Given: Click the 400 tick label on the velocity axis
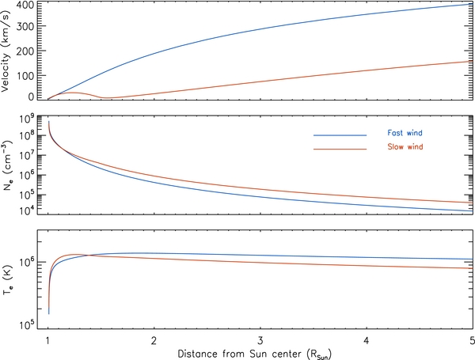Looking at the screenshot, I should (x=26, y=6).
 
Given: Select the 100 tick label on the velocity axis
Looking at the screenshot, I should (x=26, y=74).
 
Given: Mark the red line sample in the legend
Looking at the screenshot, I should (x=340, y=149).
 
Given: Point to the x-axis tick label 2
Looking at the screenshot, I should (x=154, y=340).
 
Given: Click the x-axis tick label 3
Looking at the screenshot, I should (x=260, y=340).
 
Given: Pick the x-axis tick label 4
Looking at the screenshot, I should (x=366, y=340).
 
